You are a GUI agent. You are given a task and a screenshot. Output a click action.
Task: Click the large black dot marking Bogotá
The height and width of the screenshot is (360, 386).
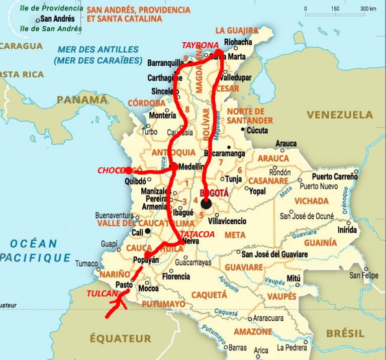pyautogui.click(x=206, y=204)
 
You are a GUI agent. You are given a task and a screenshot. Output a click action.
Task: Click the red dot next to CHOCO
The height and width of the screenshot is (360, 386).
pyautogui.click(x=129, y=170)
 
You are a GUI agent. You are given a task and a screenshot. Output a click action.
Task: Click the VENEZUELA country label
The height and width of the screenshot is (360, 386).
pyautogui.click(x=340, y=115)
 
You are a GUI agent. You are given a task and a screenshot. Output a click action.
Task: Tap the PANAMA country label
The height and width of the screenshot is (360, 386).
pyautogui.click(x=81, y=100)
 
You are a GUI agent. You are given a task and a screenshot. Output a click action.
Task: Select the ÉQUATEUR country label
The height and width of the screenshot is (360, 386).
pyautogui.click(x=120, y=338)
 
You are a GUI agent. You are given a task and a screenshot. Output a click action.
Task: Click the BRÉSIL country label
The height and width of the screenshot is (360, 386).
pyautogui.click(x=345, y=333)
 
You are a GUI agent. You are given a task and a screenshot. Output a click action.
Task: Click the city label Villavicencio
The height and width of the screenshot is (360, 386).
pyautogui.click(x=227, y=221)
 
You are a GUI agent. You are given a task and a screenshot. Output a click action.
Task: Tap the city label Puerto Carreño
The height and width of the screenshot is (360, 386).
pyautogui.click(x=335, y=176)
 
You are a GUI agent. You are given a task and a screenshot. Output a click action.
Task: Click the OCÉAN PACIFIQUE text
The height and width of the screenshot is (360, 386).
pyautogui.click(x=35, y=250)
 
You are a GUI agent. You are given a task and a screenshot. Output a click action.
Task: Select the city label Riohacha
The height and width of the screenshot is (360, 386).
pyautogui.click(x=240, y=42)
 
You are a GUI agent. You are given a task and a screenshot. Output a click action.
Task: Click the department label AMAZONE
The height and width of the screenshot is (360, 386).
pyautogui.click(x=253, y=332)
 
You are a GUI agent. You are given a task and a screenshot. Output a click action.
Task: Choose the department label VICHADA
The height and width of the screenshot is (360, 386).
pyautogui.click(x=312, y=201)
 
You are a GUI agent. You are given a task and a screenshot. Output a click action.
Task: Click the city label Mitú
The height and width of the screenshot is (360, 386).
pyautogui.click(x=293, y=278)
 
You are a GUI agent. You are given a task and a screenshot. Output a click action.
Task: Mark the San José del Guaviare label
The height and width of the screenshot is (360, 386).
pyautogui.click(x=274, y=254)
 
